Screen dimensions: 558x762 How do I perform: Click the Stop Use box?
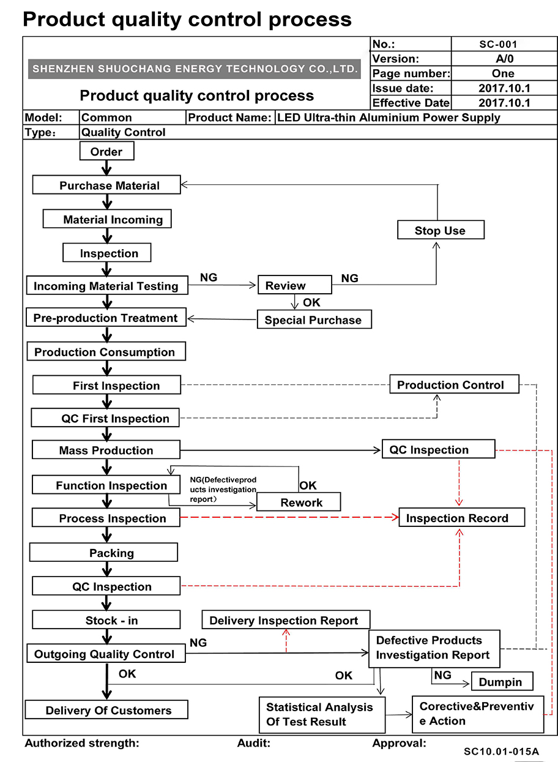coord(441,230)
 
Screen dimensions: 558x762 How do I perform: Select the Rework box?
coord(299,501)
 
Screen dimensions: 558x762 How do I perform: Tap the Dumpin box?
coord(502,681)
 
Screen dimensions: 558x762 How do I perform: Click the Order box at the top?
coord(107,151)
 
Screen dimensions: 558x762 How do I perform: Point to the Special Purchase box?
coord(314,319)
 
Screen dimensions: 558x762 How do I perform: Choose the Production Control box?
coord(454,384)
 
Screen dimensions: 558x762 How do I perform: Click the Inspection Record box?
coord(462,517)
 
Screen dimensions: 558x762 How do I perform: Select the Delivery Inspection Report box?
coord(286,619)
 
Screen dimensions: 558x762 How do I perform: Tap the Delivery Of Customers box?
coord(106,709)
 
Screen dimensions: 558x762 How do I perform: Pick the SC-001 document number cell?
coord(504,44)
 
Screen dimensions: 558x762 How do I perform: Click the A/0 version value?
coord(504,59)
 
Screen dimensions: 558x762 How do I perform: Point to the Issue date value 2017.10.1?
coord(504,88)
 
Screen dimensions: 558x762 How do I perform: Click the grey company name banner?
coord(194,69)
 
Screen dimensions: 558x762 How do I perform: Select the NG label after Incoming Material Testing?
coord(209,277)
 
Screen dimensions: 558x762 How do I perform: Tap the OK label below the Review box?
coord(311,302)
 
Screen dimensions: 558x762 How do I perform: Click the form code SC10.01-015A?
coord(501,751)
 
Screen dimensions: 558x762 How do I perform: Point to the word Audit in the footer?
coord(253,743)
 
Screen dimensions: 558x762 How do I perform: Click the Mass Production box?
coord(106,450)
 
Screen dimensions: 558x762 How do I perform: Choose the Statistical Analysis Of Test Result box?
coord(322,715)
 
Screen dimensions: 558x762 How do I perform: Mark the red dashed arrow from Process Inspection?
coord(289,517)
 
